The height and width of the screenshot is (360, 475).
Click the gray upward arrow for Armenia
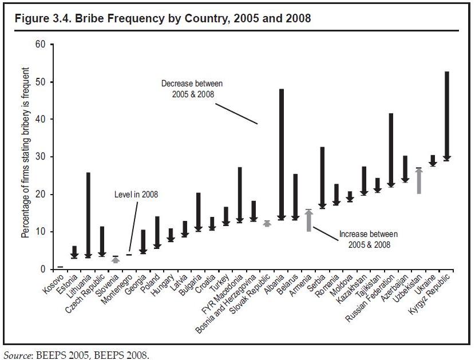[x=309, y=221]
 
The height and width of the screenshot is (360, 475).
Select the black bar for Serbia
[x=323, y=177]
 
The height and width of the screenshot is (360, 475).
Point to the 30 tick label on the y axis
[x=40, y=157]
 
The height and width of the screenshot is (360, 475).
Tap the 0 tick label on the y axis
[x=43, y=269]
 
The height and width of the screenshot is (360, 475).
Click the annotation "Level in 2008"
[x=136, y=195]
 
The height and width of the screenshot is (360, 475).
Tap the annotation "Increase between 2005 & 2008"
[x=368, y=239]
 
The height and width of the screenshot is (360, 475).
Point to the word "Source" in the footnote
[x=16, y=355]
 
